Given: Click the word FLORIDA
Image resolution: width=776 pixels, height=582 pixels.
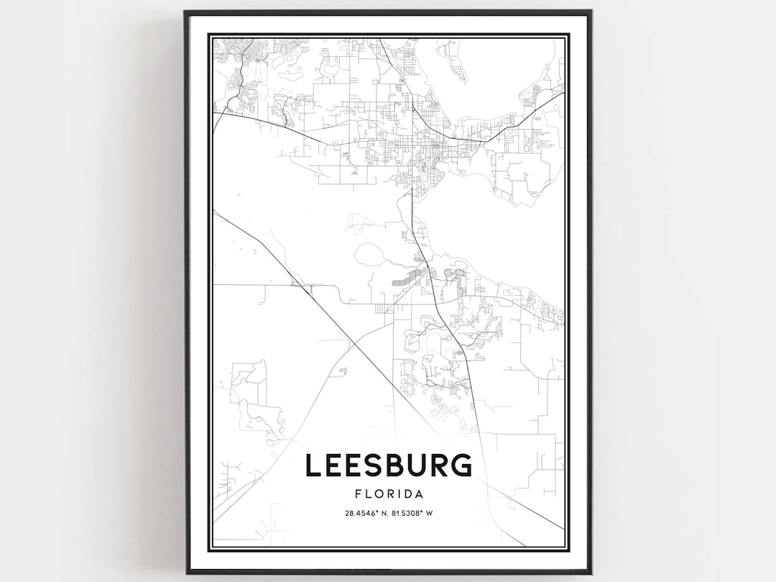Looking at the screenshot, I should point(388,494).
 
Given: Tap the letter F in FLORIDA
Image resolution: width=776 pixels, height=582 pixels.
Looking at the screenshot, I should point(358,494).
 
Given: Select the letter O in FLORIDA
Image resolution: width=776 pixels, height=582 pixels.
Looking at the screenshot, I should point(378,494).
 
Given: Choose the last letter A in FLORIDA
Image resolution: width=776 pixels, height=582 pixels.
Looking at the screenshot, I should point(418,494).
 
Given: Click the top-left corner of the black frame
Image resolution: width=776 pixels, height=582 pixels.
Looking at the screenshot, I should point(185,12).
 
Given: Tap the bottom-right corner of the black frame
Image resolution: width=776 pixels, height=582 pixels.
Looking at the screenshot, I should point(591,573).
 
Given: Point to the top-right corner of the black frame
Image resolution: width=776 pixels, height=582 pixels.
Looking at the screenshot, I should point(591,12).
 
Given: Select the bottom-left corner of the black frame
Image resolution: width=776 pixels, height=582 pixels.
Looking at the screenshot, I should point(185,573).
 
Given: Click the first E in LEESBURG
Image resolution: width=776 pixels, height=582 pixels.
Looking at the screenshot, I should point(334,465).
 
